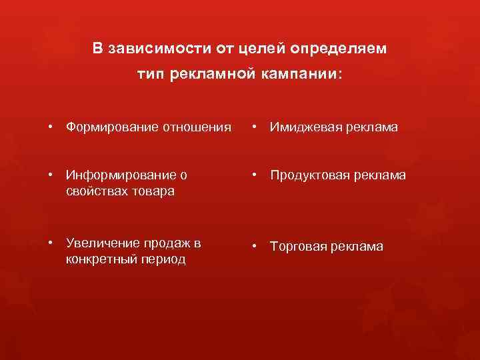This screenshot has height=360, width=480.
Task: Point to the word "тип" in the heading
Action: click(x=151, y=75)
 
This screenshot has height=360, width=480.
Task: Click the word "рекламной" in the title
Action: click(x=212, y=75)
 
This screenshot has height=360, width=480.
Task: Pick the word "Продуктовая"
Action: click(x=308, y=175)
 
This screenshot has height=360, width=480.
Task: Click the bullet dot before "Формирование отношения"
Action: click(x=51, y=127)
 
